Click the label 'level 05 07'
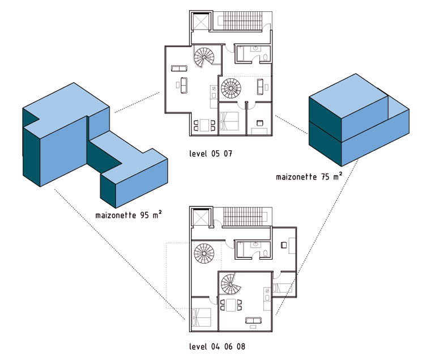(211, 154)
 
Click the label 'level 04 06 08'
(217, 346)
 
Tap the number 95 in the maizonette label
(144, 215)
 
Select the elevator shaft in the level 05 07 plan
(201, 21)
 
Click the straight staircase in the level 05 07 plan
(240, 21)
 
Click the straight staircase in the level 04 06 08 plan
(244, 216)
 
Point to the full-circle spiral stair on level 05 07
(231, 88)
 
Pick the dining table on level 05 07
(204, 125)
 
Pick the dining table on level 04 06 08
(231, 305)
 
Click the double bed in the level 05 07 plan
(229, 121)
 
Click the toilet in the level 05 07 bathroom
(266, 57)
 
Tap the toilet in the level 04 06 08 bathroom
(266, 253)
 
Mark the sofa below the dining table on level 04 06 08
(253, 320)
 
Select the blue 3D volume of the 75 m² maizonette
(359, 120)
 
